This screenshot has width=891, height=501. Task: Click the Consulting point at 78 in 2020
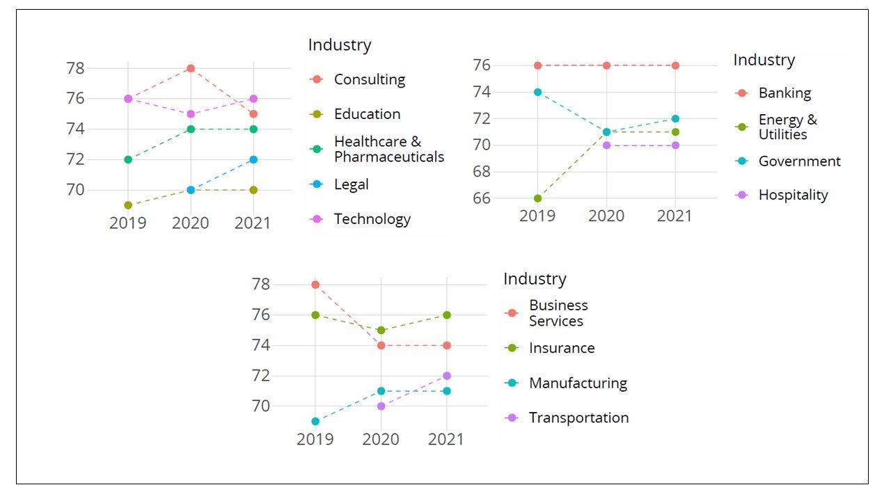coord(191,68)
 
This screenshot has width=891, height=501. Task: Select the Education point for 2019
coord(128,205)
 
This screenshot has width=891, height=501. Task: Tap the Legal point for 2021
coord(253,159)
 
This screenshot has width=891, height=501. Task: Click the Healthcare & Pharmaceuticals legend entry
coord(388,150)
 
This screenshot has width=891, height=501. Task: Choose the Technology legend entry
coord(372,219)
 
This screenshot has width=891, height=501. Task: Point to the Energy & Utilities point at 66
coord(537,198)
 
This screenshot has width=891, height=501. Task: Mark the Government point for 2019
coord(537,92)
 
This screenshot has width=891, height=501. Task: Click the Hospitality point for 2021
coord(675,145)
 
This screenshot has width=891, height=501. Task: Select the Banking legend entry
coord(784,93)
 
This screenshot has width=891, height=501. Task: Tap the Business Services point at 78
coord(315,285)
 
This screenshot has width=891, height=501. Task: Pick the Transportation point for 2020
coord(381,406)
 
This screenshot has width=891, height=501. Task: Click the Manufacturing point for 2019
coord(315,421)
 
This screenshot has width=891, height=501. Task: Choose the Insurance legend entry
coord(561,348)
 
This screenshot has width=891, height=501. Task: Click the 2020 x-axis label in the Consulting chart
coord(191,223)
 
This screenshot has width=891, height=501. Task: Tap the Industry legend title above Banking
coord(764,61)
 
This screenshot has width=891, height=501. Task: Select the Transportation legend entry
coord(578,417)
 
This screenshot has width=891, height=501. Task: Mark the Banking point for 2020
coord(606,65)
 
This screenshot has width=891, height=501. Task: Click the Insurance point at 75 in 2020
coord(381,331)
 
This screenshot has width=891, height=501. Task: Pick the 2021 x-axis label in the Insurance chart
coord(446,440)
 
